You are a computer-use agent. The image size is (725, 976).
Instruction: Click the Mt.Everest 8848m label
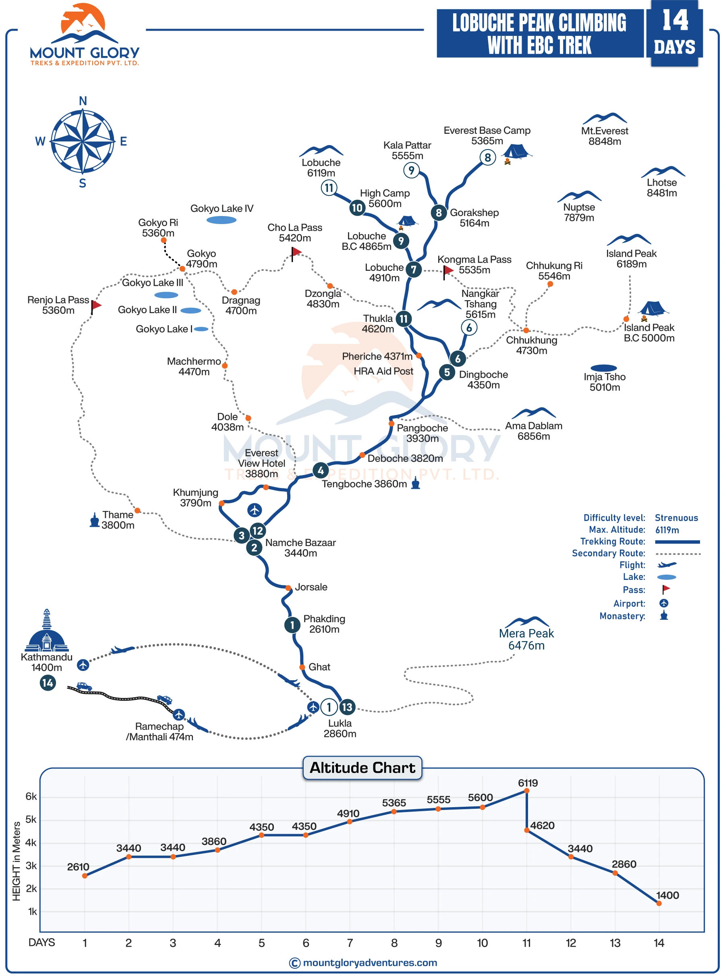[604, 136]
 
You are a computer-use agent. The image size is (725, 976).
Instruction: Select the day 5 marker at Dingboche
[447, 372]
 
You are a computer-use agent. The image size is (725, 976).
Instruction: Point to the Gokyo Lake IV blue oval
[221, 220]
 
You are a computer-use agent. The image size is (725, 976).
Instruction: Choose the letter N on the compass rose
[83, 101]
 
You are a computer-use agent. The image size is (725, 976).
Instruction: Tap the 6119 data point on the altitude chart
[527, 791]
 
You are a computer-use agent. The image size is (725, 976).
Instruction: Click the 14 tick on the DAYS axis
[659, 943]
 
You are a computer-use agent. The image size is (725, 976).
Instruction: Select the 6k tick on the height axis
[31, 796]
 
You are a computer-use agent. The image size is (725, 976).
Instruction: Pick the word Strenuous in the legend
[676, 518]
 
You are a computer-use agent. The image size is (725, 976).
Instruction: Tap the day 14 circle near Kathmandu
[48, 683]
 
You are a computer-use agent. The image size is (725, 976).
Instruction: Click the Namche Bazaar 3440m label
[300, 548]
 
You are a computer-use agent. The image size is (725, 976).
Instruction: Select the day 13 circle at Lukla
[347, 707]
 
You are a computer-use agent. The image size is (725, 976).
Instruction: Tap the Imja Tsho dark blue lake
[604, 368]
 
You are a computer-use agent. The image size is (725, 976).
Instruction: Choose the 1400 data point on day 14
[659, 903]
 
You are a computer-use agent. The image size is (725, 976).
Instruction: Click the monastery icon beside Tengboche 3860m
[416, 484]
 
